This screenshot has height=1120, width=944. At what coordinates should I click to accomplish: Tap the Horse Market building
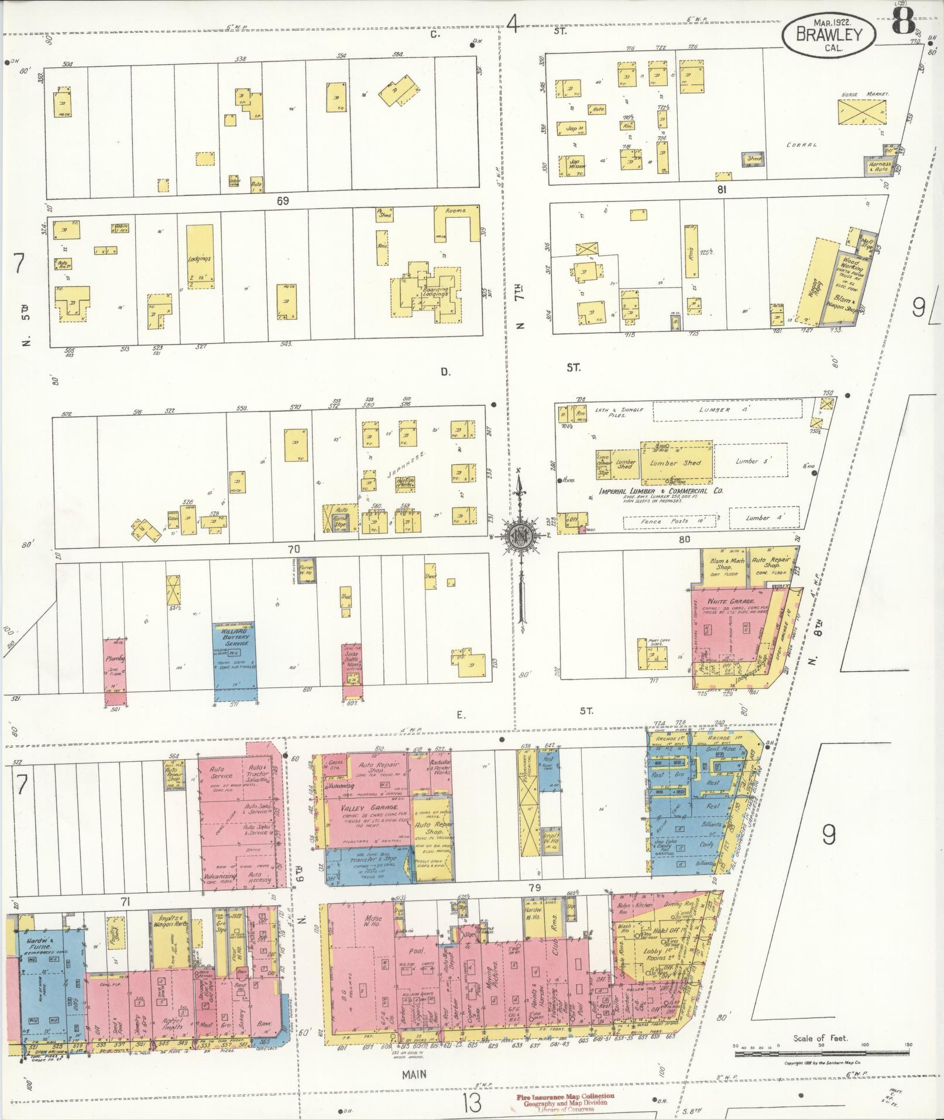tap(861, 111)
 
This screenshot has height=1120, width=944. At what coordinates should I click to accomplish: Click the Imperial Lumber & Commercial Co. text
tap(660, 491)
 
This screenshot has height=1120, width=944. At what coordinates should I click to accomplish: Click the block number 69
tap(283, 201)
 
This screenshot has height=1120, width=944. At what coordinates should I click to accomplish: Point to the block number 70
tap(293, 549)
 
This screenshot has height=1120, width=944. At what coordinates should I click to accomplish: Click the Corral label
tap(801, 145)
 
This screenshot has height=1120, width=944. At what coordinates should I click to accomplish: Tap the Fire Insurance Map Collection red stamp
tap(565, 1096)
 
